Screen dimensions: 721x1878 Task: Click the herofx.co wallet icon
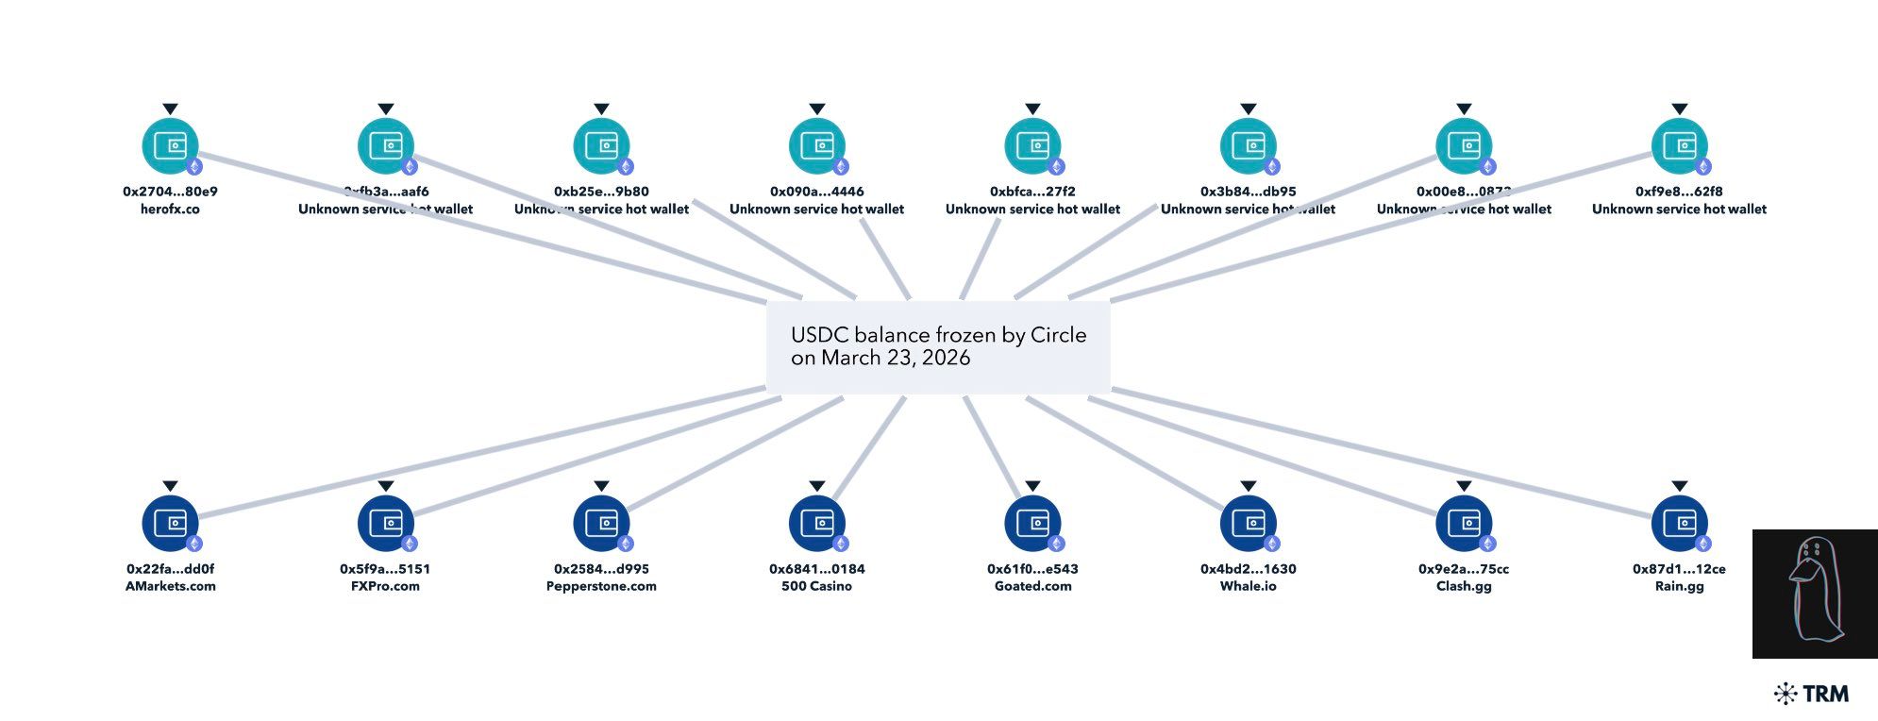click(170, 146)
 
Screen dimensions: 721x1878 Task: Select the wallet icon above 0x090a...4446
click(816, 146)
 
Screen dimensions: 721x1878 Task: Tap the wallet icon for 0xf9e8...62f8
click(1679, 146)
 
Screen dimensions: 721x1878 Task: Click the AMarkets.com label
click(170, 586)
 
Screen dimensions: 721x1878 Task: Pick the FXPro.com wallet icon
click(385, 523)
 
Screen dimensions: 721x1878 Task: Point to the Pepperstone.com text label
click(601, 586)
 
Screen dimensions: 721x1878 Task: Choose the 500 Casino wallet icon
click(816, 523)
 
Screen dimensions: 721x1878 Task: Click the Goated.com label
click(1032, 586)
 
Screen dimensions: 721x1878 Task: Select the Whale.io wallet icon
click(1248, 523)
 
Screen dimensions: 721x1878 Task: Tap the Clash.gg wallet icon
click(1464, 523)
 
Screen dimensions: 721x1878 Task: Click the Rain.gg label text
click(1679, 586)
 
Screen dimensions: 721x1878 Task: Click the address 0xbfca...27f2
click(1032, 192)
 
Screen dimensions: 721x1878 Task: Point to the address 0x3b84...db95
click(1248, 192)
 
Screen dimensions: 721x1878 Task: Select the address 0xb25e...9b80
click(601, 192)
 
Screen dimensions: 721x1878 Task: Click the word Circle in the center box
click(1058, 335)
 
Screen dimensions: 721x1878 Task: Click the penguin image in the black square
click(1814, 594)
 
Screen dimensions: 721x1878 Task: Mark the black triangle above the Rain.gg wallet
click(1679, 487)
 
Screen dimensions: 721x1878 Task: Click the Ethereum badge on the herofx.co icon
click(194, 167)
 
